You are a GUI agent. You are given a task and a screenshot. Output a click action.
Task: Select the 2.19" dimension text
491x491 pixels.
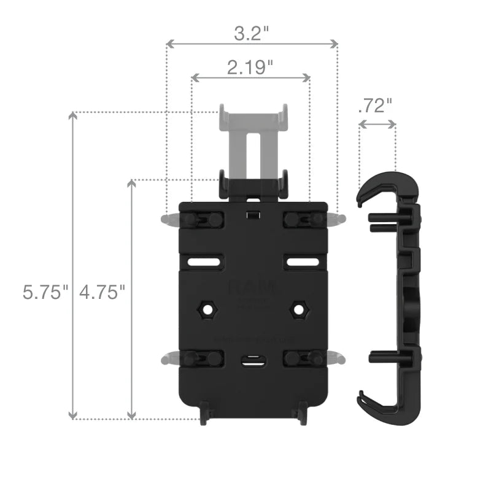coord(250,67)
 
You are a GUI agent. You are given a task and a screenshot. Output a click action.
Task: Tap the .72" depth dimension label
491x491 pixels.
coord(374,106)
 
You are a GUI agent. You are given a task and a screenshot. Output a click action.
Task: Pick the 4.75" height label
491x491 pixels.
coord(102,292)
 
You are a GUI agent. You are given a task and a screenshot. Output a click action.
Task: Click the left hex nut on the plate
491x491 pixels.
coord(206,309)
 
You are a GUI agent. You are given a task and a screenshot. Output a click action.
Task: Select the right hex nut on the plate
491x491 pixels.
coord(299,309)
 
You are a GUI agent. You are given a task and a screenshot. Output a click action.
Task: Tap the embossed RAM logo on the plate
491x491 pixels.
coord(252,287)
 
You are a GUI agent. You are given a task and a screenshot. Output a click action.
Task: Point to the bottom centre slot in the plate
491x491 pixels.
coord(252,361)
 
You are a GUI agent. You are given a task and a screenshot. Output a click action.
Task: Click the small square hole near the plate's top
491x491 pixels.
coord(252,215)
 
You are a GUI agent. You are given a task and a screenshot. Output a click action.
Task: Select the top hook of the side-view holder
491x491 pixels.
coord(377,184)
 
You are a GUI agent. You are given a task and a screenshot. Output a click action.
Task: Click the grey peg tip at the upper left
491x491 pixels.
coord(166,219)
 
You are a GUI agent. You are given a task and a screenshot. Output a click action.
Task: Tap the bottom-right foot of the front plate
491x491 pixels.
coord(301,414)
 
